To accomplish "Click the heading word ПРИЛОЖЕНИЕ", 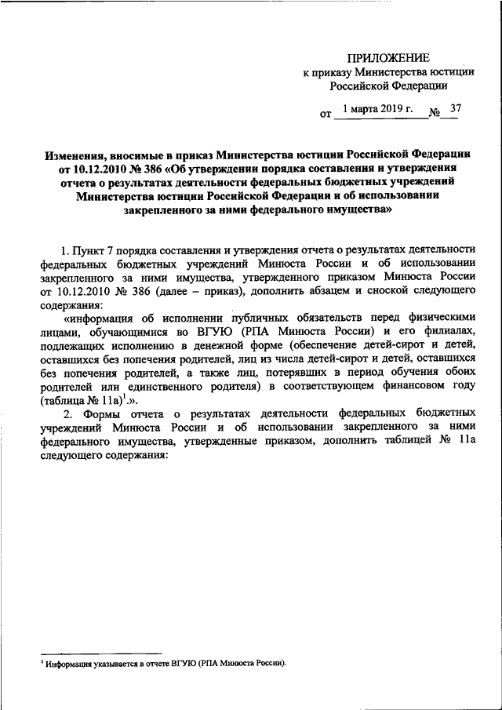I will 390,58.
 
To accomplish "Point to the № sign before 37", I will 434,114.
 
